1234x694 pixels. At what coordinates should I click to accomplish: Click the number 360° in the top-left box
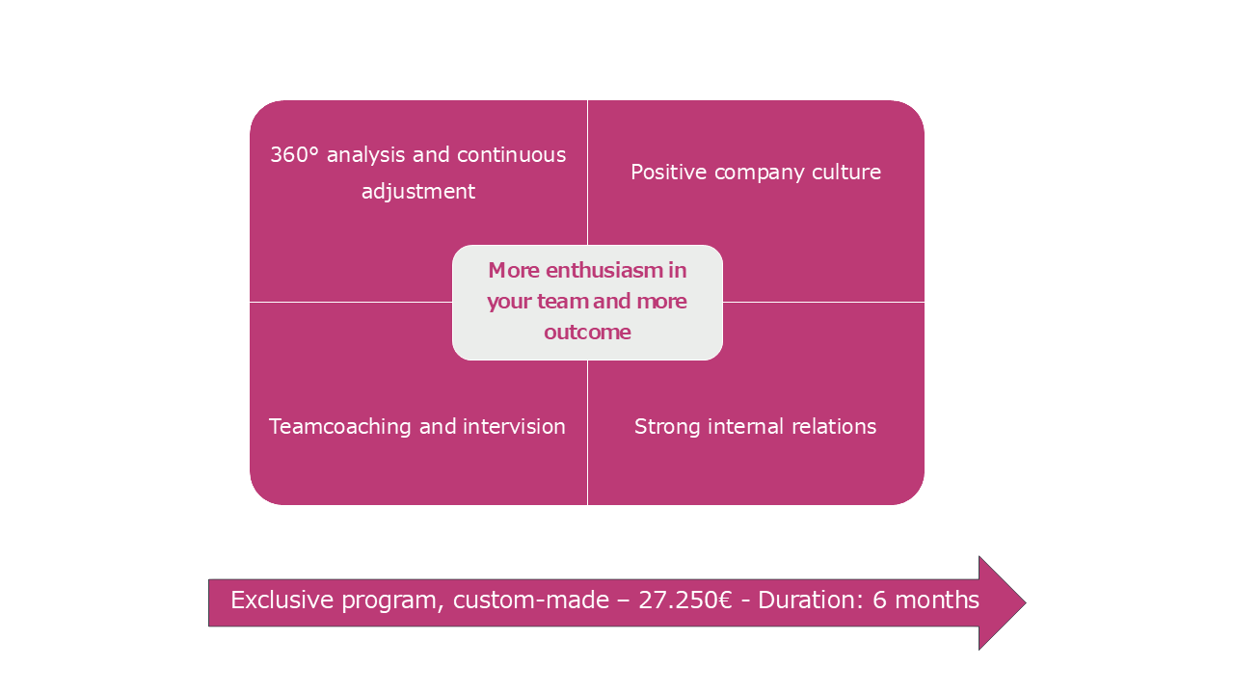coord(295,155)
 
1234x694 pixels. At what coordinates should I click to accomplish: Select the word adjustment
coord(418,192)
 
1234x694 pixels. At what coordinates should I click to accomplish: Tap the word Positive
coord(669,172)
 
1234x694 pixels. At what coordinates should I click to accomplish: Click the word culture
coord(846,172)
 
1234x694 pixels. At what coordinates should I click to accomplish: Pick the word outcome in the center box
coord(587,333)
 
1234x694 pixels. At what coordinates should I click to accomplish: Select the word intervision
coord(514,426)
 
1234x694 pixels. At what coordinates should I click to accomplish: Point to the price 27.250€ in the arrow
coord(685,600)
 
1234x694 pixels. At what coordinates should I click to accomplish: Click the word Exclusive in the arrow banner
coord(282,600)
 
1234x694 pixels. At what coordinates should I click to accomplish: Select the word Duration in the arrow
coord(805,600)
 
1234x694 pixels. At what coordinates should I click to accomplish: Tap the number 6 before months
coord(879,600)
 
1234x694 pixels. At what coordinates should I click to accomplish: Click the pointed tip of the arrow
coord(1026,603)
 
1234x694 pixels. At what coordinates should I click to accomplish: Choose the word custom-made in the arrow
coord(531,600)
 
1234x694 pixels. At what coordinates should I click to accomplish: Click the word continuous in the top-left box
coord(511,155)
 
